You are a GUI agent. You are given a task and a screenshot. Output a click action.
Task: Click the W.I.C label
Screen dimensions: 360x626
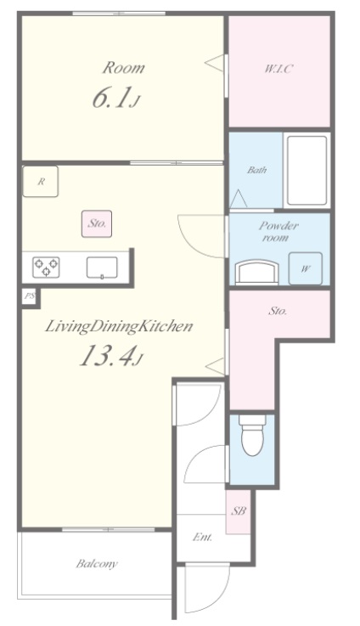click(x=278, y=69)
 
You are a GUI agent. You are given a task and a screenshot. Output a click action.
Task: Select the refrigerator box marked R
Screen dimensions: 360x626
click(x=41, y=182)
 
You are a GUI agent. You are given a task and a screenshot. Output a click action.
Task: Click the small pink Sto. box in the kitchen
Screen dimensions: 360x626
click(x=97, y=223)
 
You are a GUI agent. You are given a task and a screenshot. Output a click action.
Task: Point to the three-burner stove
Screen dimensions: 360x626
click(x=47, y=267)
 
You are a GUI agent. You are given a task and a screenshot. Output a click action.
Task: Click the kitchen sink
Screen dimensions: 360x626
click(x=102, y=267)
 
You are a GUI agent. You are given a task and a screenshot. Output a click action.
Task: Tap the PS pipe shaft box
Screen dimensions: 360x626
click(x=29, y=296)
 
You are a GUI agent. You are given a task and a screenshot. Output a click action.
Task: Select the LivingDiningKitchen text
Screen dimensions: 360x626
click(x=119, y=327)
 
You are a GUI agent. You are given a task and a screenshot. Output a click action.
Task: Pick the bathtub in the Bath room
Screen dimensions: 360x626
click(x=307, y=171)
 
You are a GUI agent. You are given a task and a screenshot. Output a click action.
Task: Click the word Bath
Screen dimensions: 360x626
click(x=256, y=170)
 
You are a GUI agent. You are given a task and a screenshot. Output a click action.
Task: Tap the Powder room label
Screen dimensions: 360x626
click(x=278, y=232)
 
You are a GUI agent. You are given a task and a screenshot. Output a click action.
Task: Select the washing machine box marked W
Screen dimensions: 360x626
click(x=306, y=268)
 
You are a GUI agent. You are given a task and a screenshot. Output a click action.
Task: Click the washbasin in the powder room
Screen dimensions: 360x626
click(x=256, y=273)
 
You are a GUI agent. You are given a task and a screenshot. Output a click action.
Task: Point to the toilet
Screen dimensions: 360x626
click(x=253, y=435)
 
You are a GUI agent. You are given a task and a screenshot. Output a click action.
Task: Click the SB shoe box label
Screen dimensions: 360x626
click(x=239, y=510)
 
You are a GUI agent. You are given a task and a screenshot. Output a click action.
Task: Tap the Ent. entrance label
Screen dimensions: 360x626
click(x=202, y=538)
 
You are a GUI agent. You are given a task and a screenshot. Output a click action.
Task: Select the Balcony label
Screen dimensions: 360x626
click(x=97, y=564)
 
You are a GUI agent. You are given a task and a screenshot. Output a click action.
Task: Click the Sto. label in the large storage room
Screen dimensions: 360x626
click(x=278, y=311)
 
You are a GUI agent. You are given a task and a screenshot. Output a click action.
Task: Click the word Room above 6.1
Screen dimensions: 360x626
click(x=124, y=68)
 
